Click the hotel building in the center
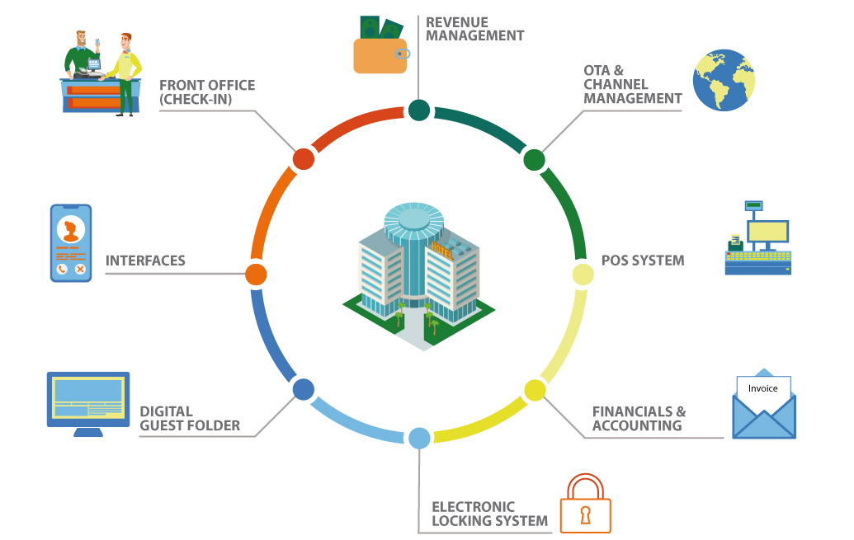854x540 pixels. tap(419, 272)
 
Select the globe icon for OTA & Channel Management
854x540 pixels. tap(723, 81)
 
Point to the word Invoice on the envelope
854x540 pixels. tap(762, 388)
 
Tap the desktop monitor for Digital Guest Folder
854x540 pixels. tap(88, 403)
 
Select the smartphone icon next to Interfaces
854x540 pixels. tap(70, 244)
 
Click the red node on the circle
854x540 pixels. tap(303, 159)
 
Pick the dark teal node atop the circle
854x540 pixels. tap(419, 110)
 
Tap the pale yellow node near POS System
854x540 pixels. tap(583, 274)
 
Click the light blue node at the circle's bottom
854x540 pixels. tap(419, 438)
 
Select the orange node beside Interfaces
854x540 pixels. tap(256, 274)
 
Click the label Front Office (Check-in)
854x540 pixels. tap(207, 92)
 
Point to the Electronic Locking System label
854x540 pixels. tap(489, 514)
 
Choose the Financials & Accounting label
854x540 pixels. tap(639, 419)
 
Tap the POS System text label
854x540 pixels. tap(644, 261)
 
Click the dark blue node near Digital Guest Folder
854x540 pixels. tap(303, 389)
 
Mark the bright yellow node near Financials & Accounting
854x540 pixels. tap(536, 390)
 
